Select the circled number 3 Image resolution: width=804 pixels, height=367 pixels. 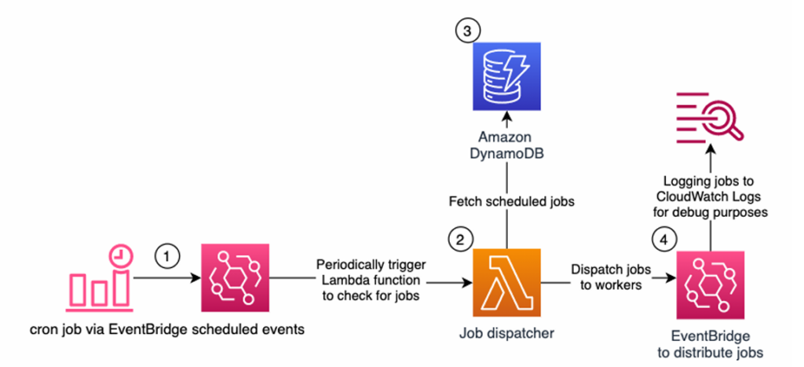click(x=466, y=31)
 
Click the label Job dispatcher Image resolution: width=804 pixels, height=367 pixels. click(x=506, y=333)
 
